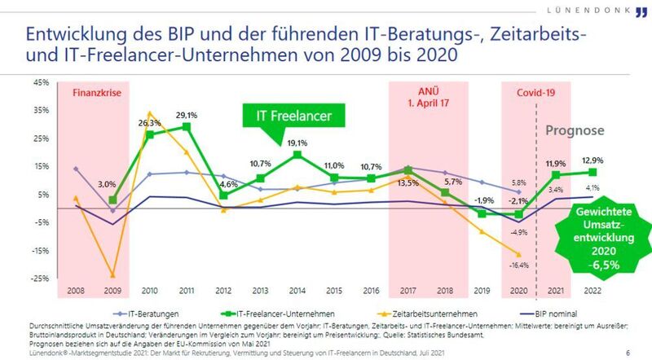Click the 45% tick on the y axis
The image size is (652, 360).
pyautogui.click(x=39, y=82)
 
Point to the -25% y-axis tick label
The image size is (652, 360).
pyautogui.click(x=38, y=279)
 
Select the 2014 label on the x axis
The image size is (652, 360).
pyautogui.click(x=297, y=289)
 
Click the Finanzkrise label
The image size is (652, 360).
pyautogui.click(x=98, y=93)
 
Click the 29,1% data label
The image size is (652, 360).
pyautogui.click(x=187, y=115)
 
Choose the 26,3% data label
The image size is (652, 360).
pyautogui.click(x=149, y=123)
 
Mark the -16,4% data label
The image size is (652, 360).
pyautogui.click(x=516, y=265)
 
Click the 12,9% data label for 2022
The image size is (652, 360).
pyautogui.click(x=592, y=160)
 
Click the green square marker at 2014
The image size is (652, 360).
pyautogui.click(x=297, y=155)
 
